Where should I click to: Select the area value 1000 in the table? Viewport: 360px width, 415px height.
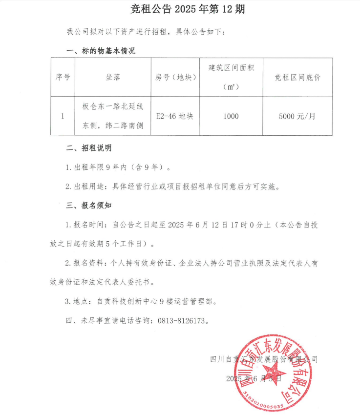coord(231,116)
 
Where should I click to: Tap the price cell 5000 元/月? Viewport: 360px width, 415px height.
coord(297,116)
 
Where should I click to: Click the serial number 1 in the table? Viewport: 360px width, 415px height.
coord(63,116)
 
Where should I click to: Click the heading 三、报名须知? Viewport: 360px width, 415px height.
coord(89,206)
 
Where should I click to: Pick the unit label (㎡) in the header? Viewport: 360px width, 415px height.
coord(231,87)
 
